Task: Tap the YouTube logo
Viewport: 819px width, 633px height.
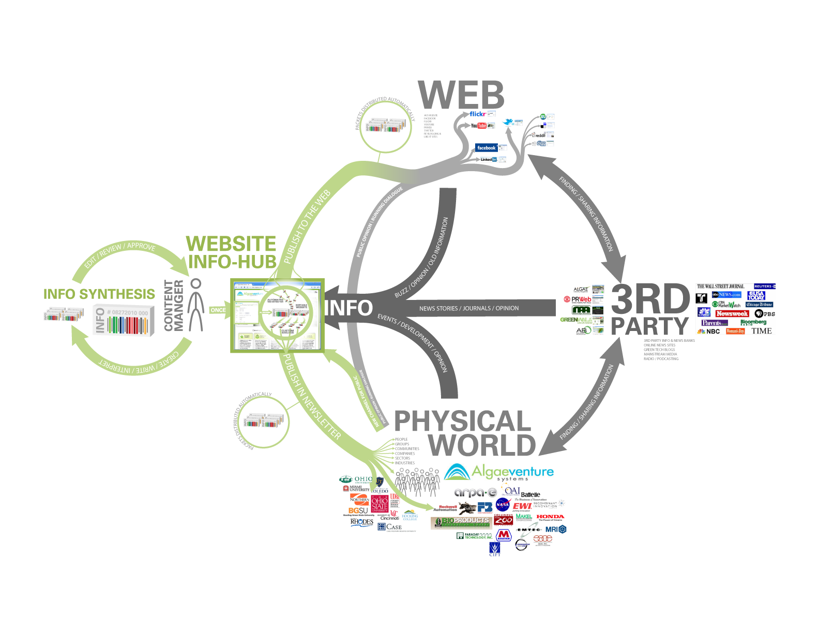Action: (x=478, y=126)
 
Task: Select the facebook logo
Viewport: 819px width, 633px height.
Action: (x=486, y=148)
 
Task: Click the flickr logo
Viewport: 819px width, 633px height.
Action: (x=477, y=114)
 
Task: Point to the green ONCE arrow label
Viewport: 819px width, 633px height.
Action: (x=218, y=310)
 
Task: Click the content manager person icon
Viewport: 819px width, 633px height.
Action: (x=195, y=305)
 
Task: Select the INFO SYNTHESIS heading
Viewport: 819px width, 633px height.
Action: (x=99, y=294)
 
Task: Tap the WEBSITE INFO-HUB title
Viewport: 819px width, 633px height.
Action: (x=232, y=252)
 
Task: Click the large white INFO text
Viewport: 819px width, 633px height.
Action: (x=349, y=308)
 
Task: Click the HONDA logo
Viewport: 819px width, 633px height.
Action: (x=550, y=517)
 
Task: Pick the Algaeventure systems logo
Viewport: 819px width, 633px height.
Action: (x=499, y=472)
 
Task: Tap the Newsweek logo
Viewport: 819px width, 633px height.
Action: (x=732, y=313)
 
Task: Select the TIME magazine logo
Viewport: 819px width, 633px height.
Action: (x=761, y=331)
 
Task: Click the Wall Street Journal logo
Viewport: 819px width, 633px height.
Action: (x=720, y=286)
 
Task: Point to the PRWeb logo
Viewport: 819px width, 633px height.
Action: (x=578, y=299)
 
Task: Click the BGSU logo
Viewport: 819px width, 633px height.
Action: (x=358, y=510)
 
